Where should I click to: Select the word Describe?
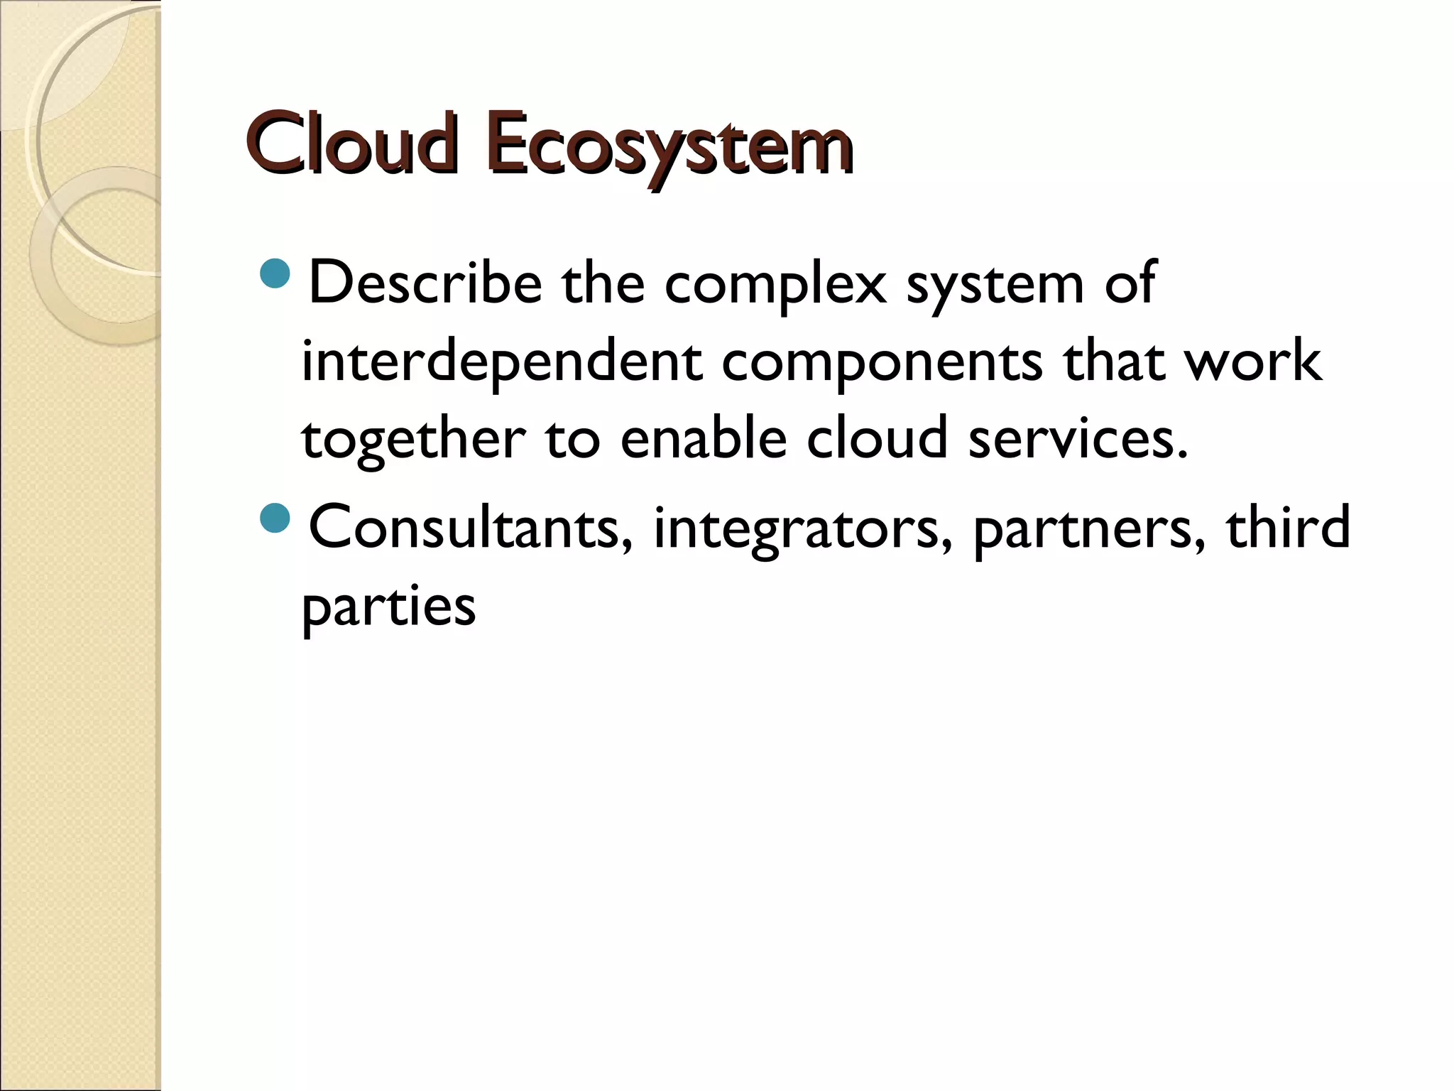pos(425,283)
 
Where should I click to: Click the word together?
pos(414,439)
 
